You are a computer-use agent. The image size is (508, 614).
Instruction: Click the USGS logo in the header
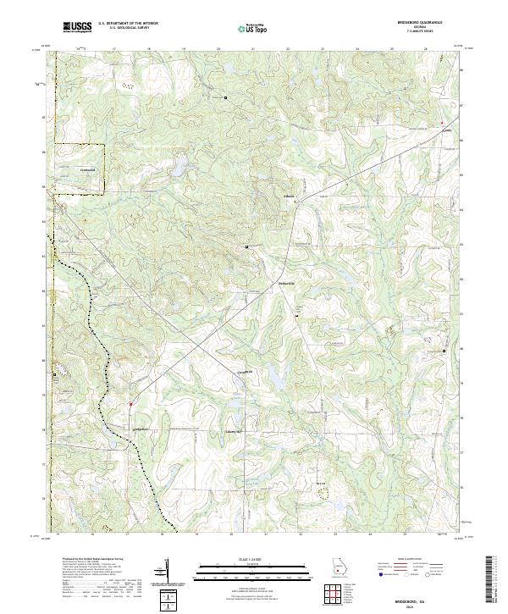click(x=77, y=27)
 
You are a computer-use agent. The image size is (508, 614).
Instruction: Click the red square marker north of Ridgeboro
click(x=130, y=404)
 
